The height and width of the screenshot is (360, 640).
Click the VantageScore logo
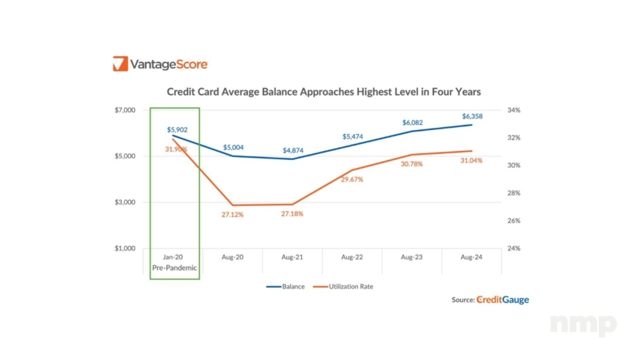160,64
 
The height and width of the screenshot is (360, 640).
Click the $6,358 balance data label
472,116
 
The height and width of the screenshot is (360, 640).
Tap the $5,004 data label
233,148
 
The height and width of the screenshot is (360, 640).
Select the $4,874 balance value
294,150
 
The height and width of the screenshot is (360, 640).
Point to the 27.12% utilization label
232,215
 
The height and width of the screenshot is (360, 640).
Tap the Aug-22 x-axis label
353,256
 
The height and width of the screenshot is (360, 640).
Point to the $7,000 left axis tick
125,110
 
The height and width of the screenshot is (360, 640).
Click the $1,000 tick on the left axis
125,248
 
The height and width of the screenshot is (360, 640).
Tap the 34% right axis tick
514,110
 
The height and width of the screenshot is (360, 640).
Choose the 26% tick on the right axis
514,221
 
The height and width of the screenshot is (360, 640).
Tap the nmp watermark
582,324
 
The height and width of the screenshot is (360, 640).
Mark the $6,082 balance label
412,123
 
